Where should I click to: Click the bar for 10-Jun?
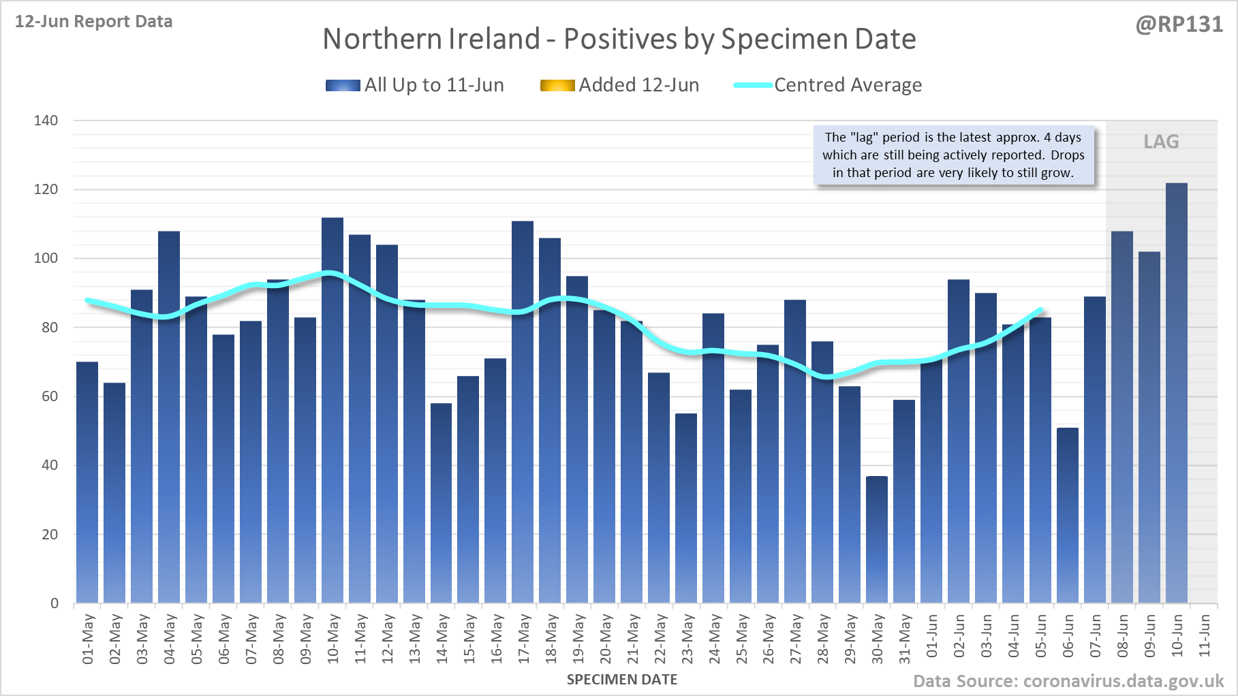pos(1177,393)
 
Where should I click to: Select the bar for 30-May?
pos(877,539)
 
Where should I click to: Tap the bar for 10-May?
pos(332,410)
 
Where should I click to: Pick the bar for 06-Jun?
pos(1068,516)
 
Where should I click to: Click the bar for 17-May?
pos(523,412)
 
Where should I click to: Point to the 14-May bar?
pos(442,503)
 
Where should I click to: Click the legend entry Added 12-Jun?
pos(619,85)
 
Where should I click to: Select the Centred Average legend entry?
pos(827,85)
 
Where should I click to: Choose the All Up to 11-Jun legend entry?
pos(415,85)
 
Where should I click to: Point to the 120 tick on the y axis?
pos(46,189)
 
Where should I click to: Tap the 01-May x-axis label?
pos(88,639)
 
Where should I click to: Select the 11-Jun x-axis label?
pos(1205,636)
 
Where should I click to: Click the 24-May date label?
pos(714,639)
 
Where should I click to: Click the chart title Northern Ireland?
pos(619,39)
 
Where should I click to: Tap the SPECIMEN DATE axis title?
pos(622,680)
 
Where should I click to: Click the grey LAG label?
pos(1161,142)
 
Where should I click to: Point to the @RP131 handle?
pos(1179,25)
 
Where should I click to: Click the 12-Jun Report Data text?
pos(94,22)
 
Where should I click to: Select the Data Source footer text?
pos(1068,681)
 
